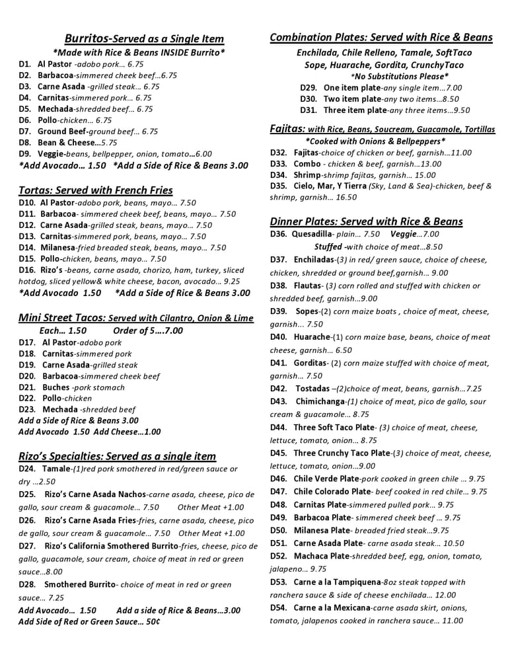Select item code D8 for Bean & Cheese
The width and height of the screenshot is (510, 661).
[25, 142]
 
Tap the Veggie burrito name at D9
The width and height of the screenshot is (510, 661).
[52, 153]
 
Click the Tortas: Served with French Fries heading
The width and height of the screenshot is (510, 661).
[95, 190]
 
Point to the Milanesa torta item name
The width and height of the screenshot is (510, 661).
[59, 248]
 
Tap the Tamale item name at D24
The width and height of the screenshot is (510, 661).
[55, 469]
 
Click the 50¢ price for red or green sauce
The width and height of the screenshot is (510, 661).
[151, 622]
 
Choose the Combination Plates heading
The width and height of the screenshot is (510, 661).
[381, 38]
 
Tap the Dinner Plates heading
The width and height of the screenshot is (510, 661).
[366, 221]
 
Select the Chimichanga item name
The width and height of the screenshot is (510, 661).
[320, 401]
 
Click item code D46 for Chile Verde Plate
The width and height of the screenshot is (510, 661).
[278, 479]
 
